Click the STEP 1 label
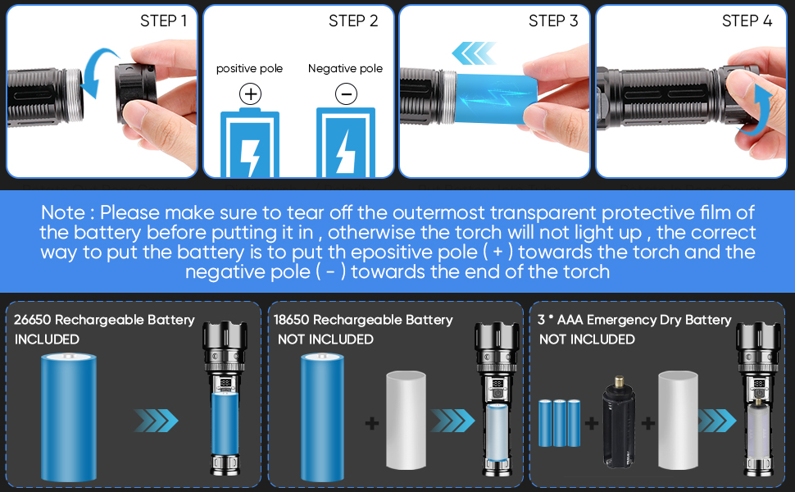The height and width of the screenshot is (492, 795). [x=163, y=21]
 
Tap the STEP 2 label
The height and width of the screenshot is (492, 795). [x=353, y=21]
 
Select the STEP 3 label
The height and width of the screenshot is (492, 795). [x=553, y=21]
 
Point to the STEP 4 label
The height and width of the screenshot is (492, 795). [x=747, y=21]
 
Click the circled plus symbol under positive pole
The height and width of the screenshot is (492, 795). [x=250, y=94]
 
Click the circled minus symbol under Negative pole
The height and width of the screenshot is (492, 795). [x=346, y=94]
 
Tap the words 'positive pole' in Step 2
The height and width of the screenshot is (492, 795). [x=249, y=69]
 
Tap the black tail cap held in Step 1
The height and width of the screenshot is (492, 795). [x=137, y=89]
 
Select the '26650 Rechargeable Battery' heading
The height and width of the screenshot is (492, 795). [x=104, y=319]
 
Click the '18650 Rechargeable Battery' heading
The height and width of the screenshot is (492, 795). [x=363, y=320]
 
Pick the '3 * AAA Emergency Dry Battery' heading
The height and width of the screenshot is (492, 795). [x=635, y=320]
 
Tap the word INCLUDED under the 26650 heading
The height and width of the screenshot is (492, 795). [x=47, y=339]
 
